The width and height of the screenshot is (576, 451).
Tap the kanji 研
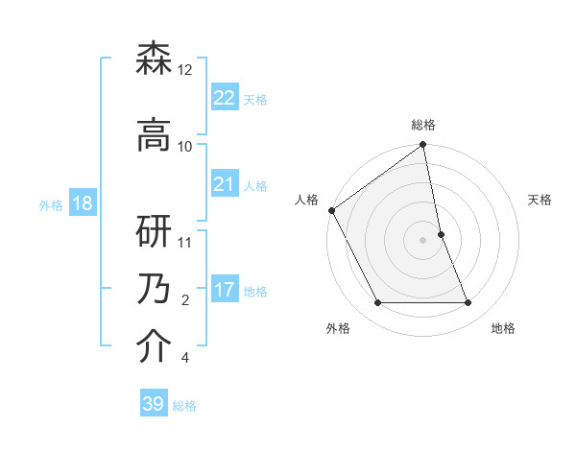[x=155, y=231]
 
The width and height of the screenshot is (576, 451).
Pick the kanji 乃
[x=155, y=289]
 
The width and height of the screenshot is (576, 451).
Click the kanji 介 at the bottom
[x=155, y=346]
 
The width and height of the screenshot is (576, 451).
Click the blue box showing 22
[x=224, y=97]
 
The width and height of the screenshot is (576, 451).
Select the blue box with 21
[x=224, y=184]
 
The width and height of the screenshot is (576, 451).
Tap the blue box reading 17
[x=224, y=290]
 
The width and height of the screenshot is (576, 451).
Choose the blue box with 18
[x=82, y=203]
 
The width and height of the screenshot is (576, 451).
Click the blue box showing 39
[x=154, y=404]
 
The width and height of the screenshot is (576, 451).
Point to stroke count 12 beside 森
[x=185, y=70]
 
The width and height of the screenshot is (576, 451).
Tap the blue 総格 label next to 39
[x=184, y=406]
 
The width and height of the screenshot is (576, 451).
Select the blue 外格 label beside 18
[x=51, y=204]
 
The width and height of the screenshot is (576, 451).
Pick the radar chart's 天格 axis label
[x=540, y=200]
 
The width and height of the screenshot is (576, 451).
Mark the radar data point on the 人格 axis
[x=331, y=210]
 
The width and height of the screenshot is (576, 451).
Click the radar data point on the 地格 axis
[x=468, y=303]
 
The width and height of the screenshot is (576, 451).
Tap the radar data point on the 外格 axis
[x=377, y=303]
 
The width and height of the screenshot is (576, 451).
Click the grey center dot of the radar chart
[x=422, y=240]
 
